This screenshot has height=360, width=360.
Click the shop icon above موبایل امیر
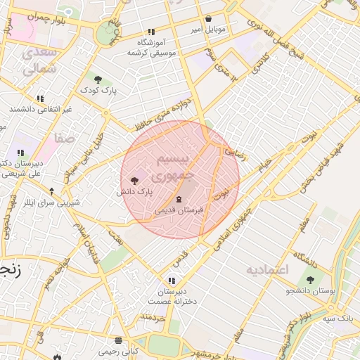(208, 20)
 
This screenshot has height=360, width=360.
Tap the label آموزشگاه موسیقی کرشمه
(150, 47)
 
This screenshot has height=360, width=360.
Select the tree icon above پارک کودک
(97, 79)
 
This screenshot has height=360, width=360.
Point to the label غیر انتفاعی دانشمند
(41, 110)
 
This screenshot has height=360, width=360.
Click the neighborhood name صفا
(65, 139)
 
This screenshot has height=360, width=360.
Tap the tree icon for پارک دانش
(134, 181)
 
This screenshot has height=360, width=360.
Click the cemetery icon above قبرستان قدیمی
(178, 199)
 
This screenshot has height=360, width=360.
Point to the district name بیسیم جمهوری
(172, 165)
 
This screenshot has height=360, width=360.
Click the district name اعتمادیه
(267, 270)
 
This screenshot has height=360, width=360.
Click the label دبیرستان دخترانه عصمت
(172, 296)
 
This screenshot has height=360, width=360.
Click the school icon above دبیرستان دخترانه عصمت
(171, 281)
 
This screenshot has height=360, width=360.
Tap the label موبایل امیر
(208, 30)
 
